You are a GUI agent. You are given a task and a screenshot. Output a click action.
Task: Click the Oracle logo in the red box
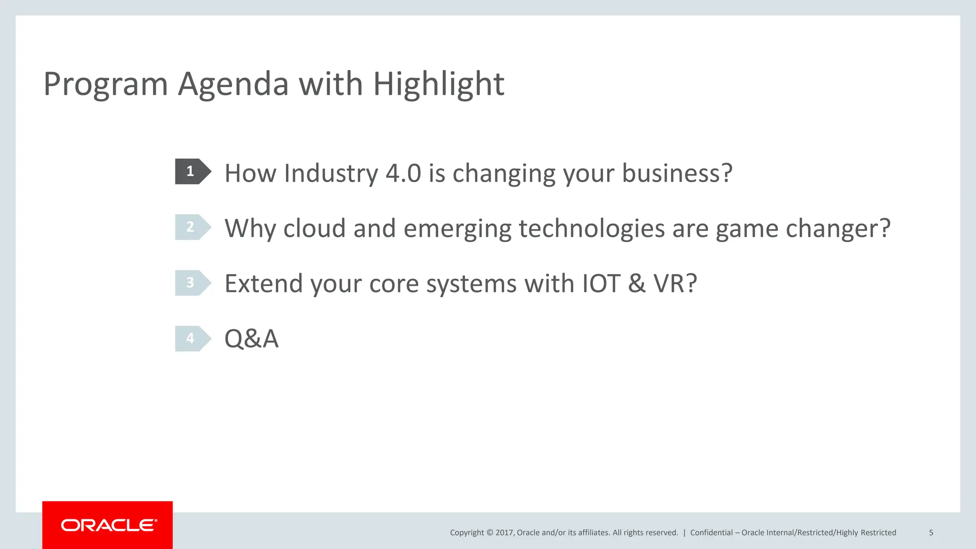(x=108, y=525)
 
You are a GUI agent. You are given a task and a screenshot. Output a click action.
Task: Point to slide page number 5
(x=931, y=532)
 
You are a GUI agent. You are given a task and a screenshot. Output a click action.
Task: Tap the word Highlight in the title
(x=438, y=85)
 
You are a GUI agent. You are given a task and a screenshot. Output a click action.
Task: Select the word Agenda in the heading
(x=233, y=85)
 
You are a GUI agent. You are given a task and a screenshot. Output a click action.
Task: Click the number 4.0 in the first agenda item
(x=403, y=173)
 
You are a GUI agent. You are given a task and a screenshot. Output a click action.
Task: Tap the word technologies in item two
(x=591, y=228)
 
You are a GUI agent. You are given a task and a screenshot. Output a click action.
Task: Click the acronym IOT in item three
(x=601, y=284)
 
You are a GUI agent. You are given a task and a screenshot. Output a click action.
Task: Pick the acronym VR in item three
(x=670, y=284)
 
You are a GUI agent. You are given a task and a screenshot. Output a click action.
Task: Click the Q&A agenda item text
(x=251, y=339)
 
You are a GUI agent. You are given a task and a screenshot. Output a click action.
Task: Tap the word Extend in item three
(x=264, y=284)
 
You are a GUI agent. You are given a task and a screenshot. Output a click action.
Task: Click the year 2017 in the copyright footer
(x=504, y=532)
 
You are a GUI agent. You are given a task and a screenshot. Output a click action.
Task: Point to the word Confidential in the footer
(x=711, y=532)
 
